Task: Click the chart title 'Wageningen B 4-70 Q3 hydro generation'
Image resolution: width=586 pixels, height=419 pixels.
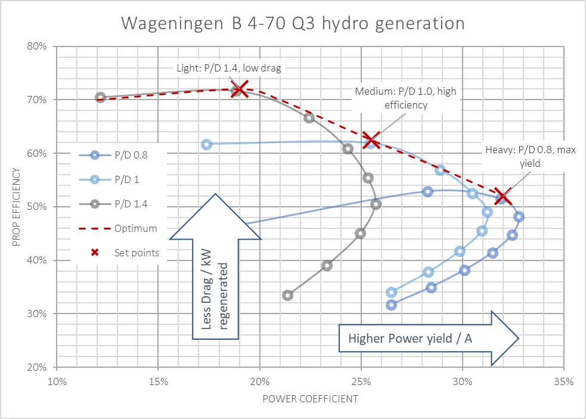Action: click(x=293, y=23)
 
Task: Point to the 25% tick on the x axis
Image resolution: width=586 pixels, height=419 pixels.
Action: click(x=361, y=380)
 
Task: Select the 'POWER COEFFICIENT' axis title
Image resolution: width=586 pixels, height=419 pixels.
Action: click(x=310, y=399)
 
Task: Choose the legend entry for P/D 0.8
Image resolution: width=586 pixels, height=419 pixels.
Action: click(x=113, y=157)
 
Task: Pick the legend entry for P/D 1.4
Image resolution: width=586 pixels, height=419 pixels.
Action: click(x=113, y=204)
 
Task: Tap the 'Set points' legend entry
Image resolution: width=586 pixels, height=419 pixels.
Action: click(x=119, y=252)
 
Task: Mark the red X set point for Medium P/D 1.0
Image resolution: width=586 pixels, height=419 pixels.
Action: click(x=371, y=141)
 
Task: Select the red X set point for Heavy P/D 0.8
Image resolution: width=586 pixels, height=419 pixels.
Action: click(x=502, y=197)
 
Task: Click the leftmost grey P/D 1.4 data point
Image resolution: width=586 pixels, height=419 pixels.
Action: click(x=100, y=98)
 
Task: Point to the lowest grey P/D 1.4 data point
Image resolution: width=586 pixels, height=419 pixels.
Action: click(x=288, y=295)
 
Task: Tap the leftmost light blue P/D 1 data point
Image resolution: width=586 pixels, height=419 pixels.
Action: click(x=206, y=144)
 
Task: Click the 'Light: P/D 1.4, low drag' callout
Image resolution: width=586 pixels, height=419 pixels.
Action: click(x=229, y=67)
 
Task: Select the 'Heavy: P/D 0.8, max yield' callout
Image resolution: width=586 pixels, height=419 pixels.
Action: click(x=529, y=156)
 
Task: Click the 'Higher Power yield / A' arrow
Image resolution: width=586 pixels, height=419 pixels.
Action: click(x=428, y=339)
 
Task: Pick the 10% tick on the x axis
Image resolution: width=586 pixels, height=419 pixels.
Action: click(x=57, y=380)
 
